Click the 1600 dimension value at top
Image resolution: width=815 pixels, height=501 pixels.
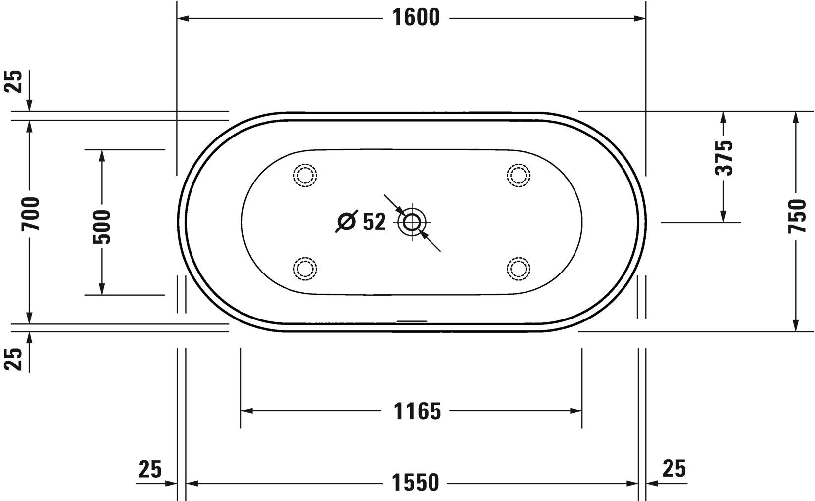tap(416, 18)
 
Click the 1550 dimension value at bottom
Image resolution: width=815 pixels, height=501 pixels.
tap(416, 483)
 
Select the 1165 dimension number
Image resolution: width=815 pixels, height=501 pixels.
tap(417, 411)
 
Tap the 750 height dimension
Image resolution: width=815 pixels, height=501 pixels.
tap(797, 216)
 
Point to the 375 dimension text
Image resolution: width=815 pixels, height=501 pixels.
tap(724, 158)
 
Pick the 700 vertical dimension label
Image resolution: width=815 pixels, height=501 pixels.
tap(30, 214)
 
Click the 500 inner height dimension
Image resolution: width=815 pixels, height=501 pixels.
tap(102, 227)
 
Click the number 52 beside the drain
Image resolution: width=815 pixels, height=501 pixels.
tap(374, 222)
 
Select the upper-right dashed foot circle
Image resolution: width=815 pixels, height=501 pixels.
tap(519, 176)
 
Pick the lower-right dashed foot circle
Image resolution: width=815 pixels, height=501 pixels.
tap(519, 269)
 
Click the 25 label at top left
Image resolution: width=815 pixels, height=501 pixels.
tap(14, 82)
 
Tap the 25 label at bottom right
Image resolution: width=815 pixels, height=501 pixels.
tap(674, 468)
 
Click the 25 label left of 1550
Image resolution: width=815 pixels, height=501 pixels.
tap(150, 469)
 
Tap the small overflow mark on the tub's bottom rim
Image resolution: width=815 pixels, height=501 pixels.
tap(412, 321)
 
